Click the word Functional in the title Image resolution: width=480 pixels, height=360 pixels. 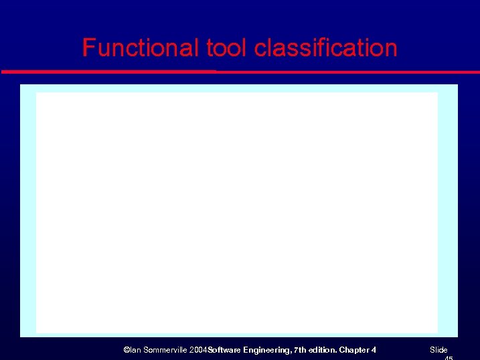(141, 48)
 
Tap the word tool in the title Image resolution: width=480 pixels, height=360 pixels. (227, 48)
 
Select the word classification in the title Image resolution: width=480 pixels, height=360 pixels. (326, 48)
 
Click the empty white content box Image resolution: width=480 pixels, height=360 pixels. (236, 212)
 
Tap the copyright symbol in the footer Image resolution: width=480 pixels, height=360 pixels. (127, 350)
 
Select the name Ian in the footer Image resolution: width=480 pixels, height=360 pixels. (135, 350)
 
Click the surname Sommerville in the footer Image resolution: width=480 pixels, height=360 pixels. (165, 350)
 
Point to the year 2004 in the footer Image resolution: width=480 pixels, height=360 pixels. (198, 350)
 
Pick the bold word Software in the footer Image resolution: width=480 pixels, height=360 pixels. (224, 350)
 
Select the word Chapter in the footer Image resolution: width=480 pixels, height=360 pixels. (354, 350)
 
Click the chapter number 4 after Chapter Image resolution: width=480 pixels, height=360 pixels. (374, 350)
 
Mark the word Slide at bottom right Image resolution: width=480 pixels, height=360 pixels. (438, 350)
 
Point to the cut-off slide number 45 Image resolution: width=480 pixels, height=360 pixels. (448, 358)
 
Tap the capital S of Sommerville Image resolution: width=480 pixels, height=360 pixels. (145, 350)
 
